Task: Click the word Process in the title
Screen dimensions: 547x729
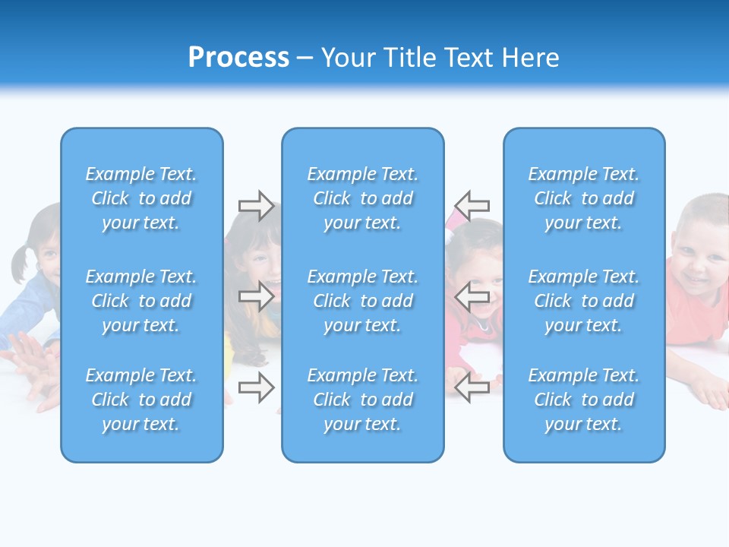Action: tap(238, 58)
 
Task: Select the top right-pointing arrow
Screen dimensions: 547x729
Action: tap(256, 205)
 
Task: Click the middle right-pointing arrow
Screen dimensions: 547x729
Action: tap(256, 296)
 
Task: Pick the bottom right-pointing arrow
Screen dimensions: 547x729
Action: tap(256, 388)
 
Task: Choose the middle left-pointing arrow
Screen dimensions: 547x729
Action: tap(472, 298)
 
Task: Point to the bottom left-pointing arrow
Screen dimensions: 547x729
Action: tap(472, 388)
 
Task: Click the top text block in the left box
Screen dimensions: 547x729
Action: tap(141, 198)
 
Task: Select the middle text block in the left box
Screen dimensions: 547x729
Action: tap(141, 301)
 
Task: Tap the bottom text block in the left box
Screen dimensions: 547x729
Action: tap(141, 400)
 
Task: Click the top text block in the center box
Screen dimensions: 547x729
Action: tap(363, 198)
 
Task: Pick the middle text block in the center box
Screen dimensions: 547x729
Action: tap(363, 301)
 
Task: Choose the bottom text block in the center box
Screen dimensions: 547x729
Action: tap(363, 400)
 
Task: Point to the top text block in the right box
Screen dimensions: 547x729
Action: tap(584, 198)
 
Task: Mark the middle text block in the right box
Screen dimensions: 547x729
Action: tap(584, 301)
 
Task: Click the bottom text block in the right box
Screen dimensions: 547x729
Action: tap(584, 400)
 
